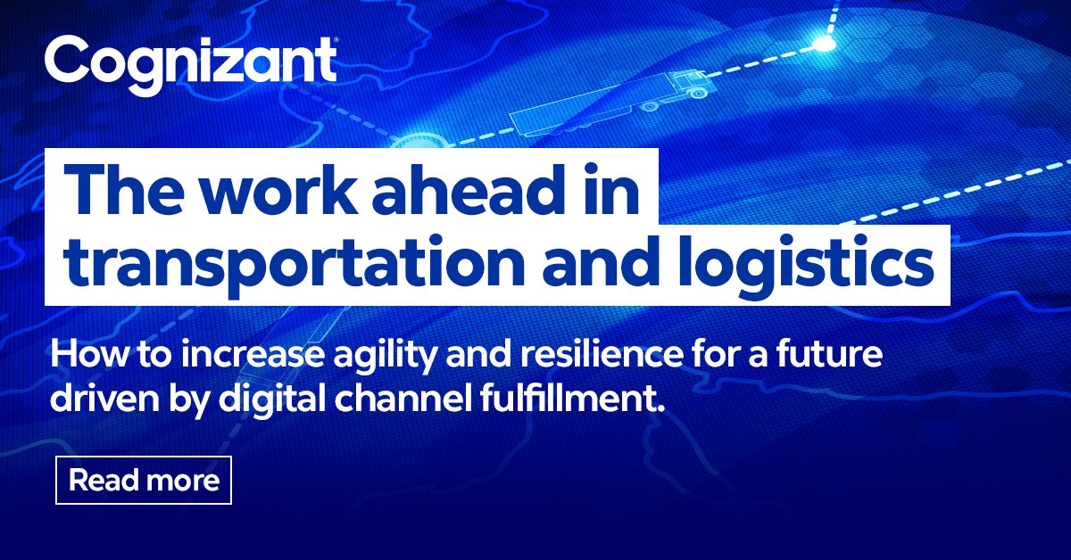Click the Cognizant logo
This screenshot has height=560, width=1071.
click(190, 61)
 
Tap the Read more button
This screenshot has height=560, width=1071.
click(144, 481)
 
